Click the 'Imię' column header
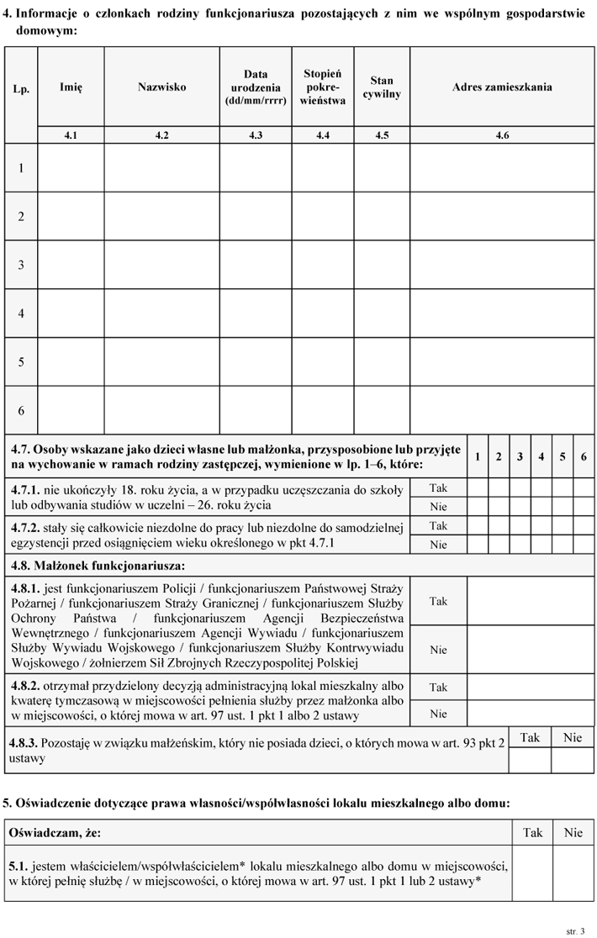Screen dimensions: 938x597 [71, 87]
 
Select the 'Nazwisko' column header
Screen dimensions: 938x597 [162, 87]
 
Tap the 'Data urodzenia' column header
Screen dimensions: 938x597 [256, 87]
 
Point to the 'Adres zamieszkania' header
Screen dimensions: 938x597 [502, 87]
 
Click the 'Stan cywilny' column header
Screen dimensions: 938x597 [382, 87]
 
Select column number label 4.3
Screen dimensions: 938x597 [256, 135]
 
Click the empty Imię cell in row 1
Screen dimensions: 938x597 [71, 168]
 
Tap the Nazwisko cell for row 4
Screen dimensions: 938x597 [162, 314]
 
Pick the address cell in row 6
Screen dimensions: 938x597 [502, 410]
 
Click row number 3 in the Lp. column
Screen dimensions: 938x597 [21, 265]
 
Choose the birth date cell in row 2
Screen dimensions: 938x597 [256, 217]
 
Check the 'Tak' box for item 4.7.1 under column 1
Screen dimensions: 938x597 [478, 487]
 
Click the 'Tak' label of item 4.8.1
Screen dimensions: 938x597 [438, 601]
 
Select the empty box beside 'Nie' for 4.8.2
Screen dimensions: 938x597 [531, 714]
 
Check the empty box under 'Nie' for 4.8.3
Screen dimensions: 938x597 [573, 760]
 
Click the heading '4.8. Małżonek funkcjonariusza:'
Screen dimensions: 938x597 [98, 565]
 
